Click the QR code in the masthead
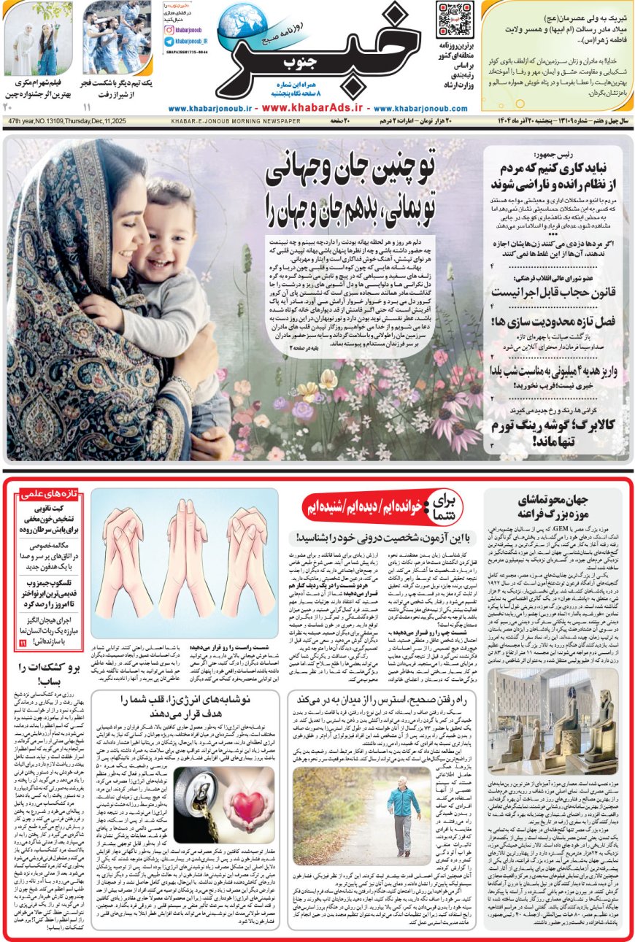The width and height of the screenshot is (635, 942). click(454, 20)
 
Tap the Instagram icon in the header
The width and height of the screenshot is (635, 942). click(169, 30)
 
